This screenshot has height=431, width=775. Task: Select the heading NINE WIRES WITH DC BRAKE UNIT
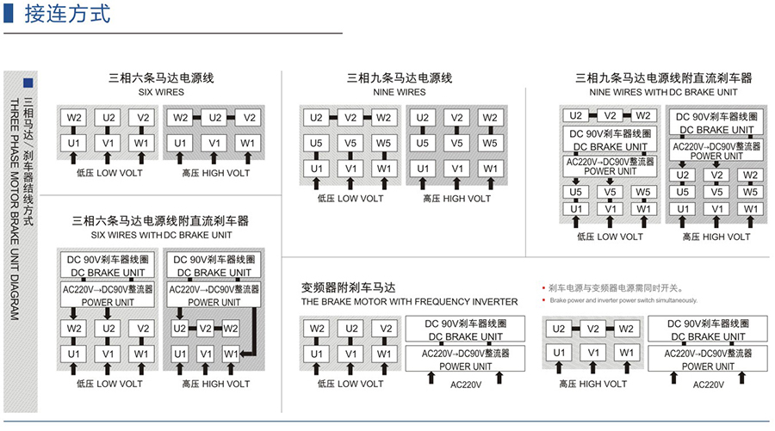click(663, 91)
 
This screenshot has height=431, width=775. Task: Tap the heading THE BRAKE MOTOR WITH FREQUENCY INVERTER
click(409, 302)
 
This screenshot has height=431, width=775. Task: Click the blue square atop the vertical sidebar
click(28, 83)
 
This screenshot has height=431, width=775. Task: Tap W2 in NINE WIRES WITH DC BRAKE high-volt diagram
click(751, 175)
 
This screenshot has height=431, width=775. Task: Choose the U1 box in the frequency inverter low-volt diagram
click(318, 354)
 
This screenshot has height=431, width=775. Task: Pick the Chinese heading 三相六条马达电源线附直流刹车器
click(161, 221)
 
